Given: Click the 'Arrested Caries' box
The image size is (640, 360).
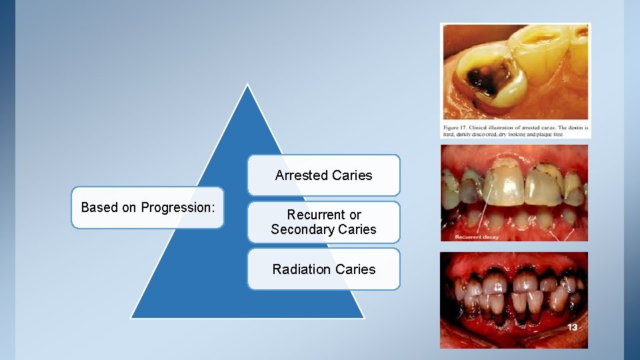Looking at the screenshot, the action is click(x=324, y=175).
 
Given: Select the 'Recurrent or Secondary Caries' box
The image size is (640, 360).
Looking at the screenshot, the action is click(x=324, y=222).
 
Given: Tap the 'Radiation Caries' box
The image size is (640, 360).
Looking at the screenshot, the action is click(x=324, y=269).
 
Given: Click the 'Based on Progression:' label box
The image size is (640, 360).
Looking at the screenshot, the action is click(x=147, y=208).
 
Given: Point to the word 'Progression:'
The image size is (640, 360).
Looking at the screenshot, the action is click(x=178, y=208).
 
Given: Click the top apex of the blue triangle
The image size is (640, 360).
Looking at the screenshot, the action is click(x=247, y=85).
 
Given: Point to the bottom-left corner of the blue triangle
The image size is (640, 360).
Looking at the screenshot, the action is click(x=131, y=317).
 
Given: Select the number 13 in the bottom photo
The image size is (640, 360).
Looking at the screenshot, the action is click(x=573, y=327).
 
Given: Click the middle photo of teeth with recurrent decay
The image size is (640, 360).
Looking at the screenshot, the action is click(x=514, y=193).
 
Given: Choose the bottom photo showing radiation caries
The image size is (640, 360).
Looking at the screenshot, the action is click(x=514, y=300).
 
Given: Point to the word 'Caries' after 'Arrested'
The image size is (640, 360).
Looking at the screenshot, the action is click(x=353, y=175).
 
